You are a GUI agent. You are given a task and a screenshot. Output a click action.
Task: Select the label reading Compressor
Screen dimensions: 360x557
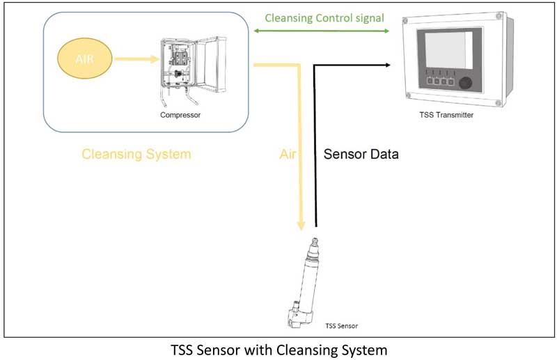click(183, 115)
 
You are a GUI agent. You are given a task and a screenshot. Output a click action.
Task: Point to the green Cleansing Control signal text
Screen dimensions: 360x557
click(324, 18)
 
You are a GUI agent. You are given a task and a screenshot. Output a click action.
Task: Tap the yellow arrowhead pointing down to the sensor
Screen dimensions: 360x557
click(301, 224)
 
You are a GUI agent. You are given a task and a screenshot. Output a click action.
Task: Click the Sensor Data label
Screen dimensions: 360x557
click(361, 154)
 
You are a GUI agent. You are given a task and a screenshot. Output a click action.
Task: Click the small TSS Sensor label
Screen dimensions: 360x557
click(341, 324)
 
